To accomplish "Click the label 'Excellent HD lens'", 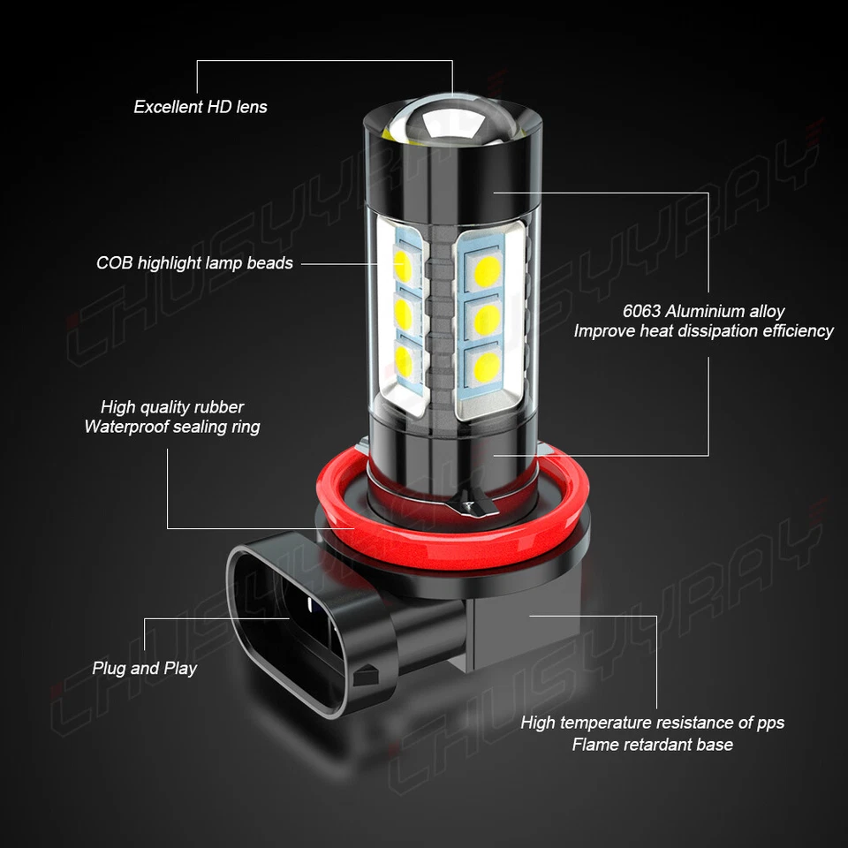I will [x=201, y=107].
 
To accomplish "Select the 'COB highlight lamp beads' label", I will [x=194, y=262].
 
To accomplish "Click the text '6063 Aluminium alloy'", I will [x=703, y=311].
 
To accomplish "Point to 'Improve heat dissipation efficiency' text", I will [x=703, y=330].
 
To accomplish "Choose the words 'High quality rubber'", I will [x=172, y=407].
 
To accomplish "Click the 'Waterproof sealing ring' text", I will [x=172, y=427].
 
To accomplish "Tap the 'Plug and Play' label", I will [x=145, y=668].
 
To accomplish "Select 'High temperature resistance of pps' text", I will [x=652, y=723].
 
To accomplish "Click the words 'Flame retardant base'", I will [x=652, y=744].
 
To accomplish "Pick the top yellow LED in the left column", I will [x=403, y=262].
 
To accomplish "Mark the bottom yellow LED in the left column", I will [x=403, y=357].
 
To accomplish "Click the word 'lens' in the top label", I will [x=252, y=107].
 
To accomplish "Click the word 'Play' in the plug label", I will [x=180, y=668].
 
